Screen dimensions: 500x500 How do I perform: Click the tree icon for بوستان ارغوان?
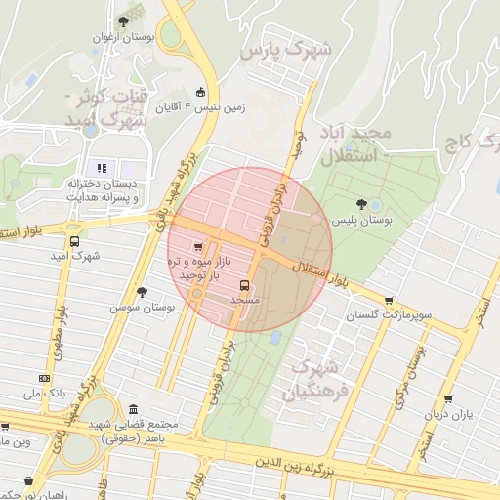123,21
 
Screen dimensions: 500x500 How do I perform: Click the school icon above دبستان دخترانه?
102,169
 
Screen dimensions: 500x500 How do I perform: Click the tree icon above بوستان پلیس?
362,205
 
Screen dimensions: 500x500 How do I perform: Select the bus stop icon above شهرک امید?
74,241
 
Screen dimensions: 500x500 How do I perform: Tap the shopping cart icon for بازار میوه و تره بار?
199,247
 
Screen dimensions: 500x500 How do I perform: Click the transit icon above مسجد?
243,286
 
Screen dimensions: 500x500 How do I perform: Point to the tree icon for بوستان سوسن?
143,292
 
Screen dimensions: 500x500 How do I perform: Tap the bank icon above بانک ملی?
44,378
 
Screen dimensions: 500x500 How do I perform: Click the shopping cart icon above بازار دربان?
448,399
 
